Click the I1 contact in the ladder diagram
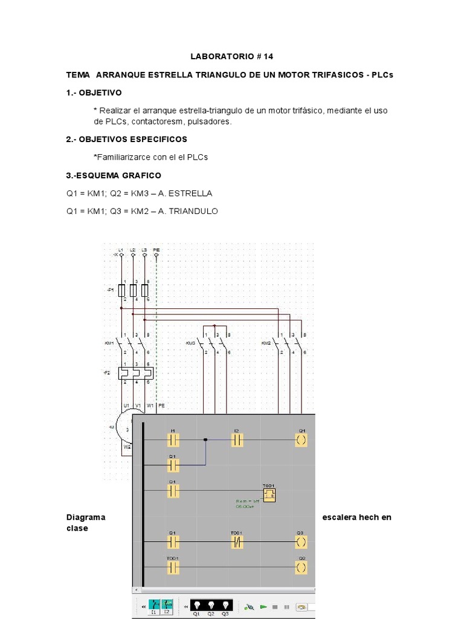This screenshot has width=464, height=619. tap(173, 439)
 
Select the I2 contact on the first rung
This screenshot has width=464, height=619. tap(237, 439)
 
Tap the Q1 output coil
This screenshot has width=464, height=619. tap(301, 439)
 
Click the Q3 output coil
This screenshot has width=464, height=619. tap(301, 540)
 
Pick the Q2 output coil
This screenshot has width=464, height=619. tap(301, 567)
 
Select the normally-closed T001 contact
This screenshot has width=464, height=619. tap(237, 540)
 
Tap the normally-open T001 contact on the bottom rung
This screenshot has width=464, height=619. tap(173, 567)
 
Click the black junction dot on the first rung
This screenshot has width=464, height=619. tap(205, 439)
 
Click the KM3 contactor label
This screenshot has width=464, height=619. tap(190, 343)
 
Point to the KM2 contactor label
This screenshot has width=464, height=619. tap(266, 343)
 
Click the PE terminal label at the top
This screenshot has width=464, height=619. tap(156, 250)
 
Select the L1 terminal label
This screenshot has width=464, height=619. tap(121, 250)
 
